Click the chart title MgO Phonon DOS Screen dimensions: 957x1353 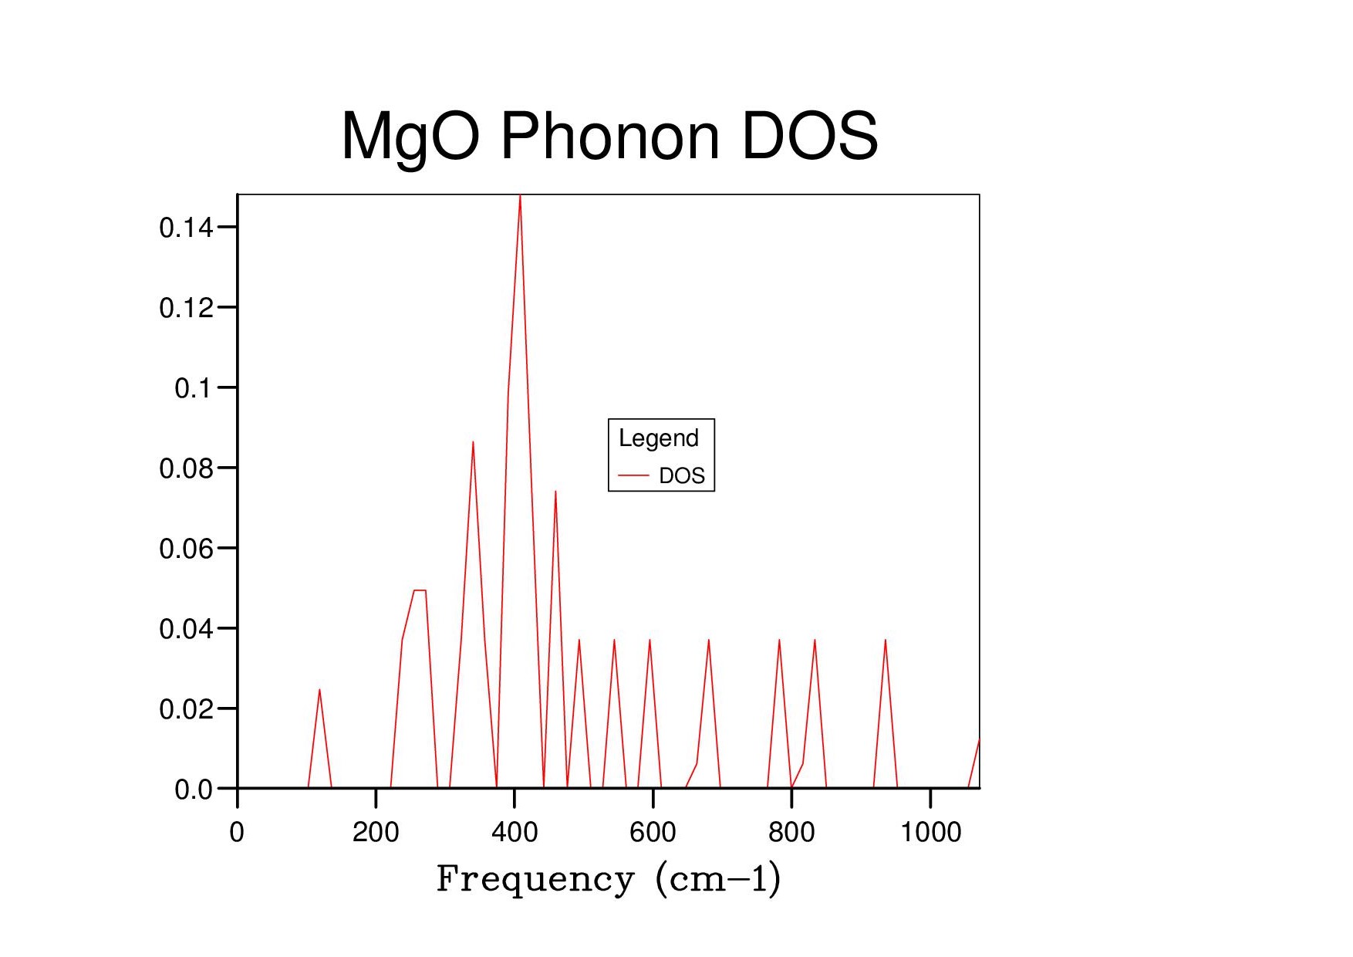[609, 137]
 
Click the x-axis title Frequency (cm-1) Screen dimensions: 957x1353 [609, 879]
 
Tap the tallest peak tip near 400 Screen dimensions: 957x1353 [520, 196]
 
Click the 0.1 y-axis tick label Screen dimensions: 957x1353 [193, 388]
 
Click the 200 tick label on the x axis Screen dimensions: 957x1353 [376, 832]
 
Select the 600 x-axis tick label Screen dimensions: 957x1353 [653, 832]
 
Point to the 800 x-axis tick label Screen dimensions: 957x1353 [791, 832]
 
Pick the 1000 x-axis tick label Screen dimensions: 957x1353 [930, 832]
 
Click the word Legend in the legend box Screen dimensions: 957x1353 [659, 438]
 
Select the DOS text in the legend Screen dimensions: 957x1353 [682, 476]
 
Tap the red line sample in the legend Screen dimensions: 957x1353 [633, 476]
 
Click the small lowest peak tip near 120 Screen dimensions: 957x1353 [319, 690]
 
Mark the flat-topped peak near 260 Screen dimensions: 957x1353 [420, 590]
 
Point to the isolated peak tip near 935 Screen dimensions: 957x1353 [885, 641]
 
